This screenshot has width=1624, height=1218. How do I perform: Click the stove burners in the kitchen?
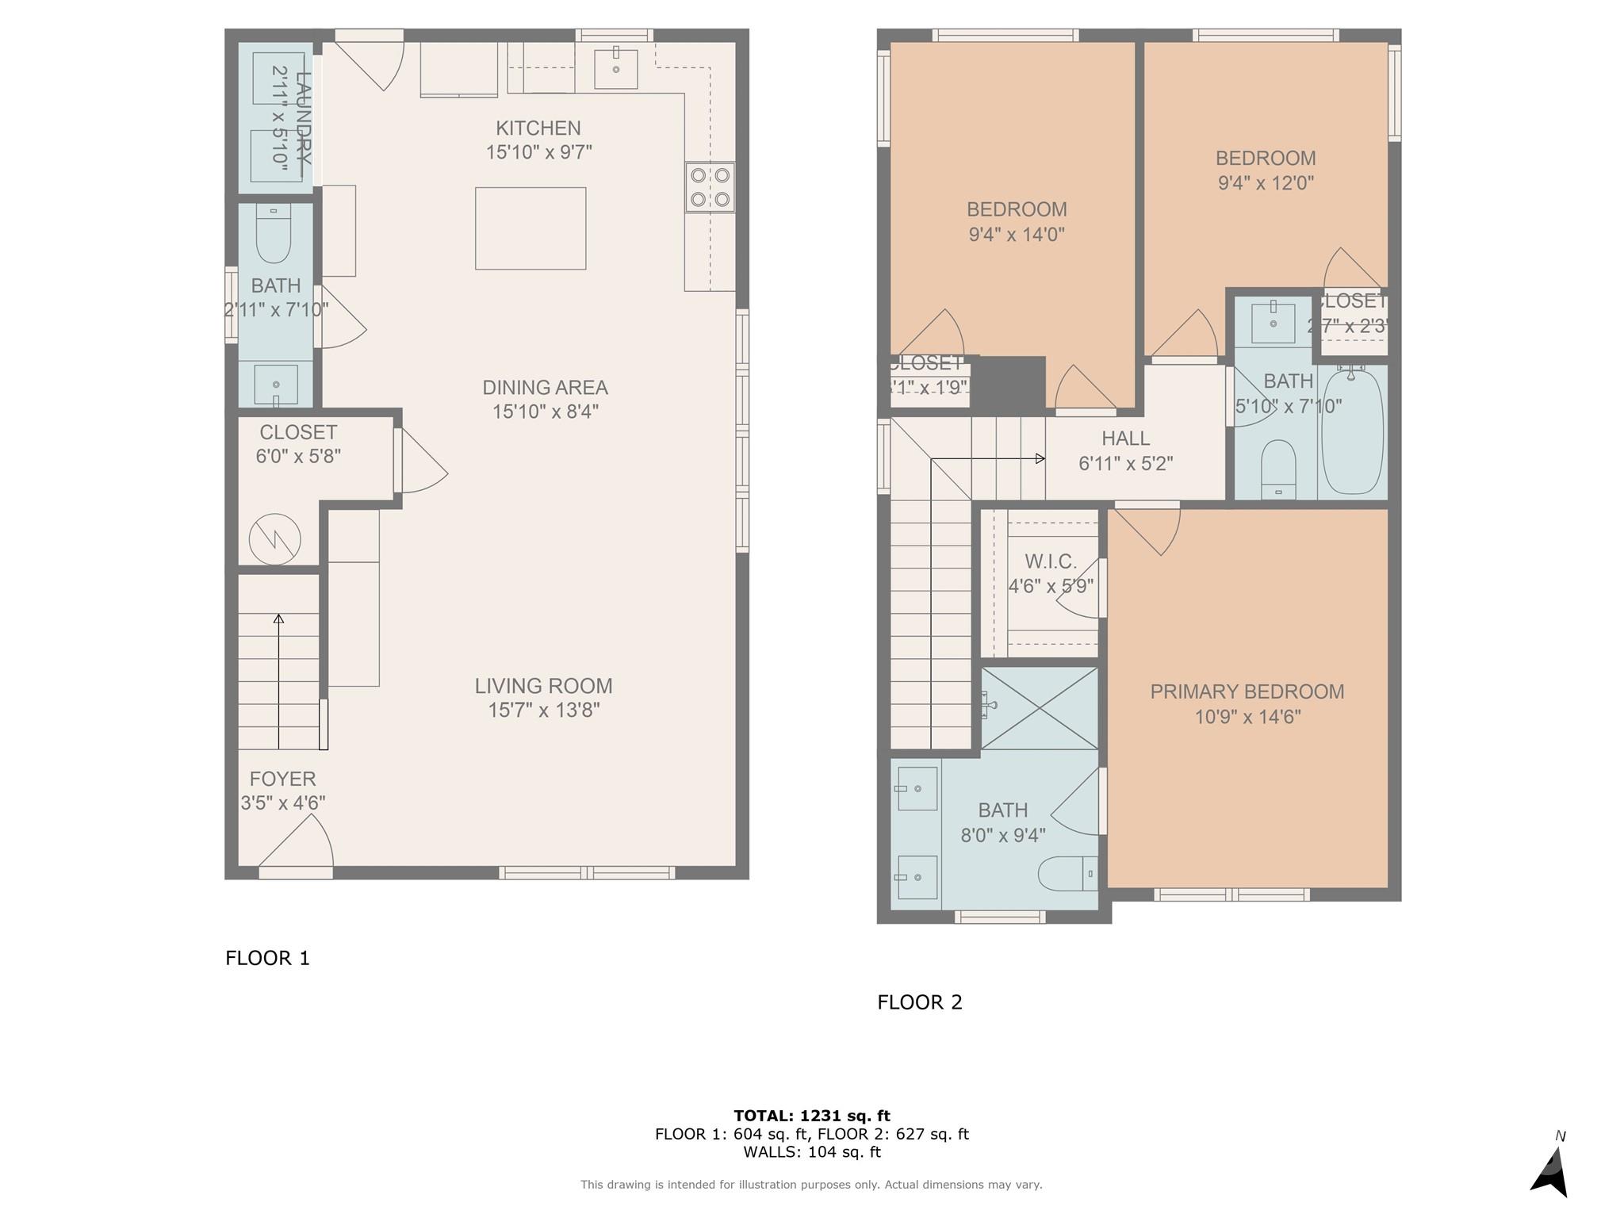point(710,187)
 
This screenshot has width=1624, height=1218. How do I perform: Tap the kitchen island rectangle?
point(530,228)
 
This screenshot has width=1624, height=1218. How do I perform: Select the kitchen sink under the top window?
point(616,69)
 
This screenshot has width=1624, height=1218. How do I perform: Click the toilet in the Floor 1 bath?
point(274,235)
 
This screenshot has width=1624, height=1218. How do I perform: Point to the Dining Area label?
point(545,388)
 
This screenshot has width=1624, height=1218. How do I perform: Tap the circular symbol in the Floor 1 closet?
point(275,540)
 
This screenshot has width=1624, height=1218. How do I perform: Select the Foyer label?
point(282,779)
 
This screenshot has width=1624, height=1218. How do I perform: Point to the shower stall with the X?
point(1040,708)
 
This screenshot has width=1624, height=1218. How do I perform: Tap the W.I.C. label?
point(1051,562)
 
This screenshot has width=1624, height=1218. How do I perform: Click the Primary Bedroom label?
point(1247,691)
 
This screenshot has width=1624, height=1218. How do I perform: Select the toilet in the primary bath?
point(1067,873)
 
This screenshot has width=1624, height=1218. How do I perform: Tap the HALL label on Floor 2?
point(1125,439)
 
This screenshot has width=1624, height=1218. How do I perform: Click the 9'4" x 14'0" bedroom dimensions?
point(1017,235)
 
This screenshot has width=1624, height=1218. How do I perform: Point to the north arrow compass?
point(1550,1170)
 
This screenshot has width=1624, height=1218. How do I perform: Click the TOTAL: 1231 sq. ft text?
point(811,1116)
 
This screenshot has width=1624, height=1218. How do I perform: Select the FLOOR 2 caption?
point(919,1002)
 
